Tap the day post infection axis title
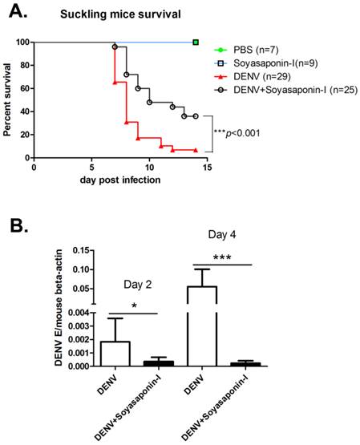click(x=119, y=180)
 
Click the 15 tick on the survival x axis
click(x=207, y=168)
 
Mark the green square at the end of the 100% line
click(x=196, y=42)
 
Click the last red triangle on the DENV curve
click(x=195, y=150)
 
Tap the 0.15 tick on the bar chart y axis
click(x=79, y=250)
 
